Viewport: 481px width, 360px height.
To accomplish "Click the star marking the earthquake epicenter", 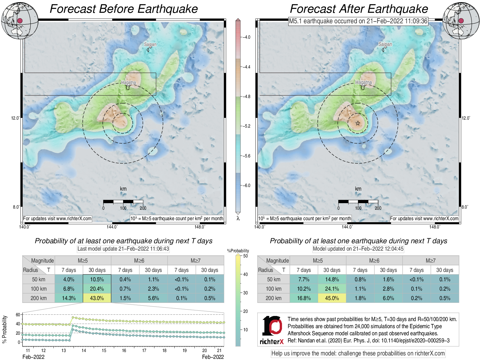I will click(x=358, y=123).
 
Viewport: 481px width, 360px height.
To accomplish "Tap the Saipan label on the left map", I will click(x=150, y=44).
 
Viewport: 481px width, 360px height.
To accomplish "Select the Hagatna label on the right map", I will click(x=363, y=82).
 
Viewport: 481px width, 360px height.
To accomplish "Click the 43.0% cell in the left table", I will click(x=97, y=298).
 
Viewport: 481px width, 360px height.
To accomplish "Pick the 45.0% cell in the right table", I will click(x=332, y=298).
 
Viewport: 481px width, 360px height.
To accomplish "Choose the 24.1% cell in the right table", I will click(x=332, y=289).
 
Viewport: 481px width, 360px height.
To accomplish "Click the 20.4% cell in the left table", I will click(x=97, y=289).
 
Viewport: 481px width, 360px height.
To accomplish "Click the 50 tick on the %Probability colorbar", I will click(x=245, y=256).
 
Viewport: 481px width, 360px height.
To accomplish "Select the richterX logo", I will click(x=272, y=330).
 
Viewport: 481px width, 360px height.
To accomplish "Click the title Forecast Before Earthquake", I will click(x=124, y=9).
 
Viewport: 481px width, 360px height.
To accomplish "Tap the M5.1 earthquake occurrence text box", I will click(x=358, y=21).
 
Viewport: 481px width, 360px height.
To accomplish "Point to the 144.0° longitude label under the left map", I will click(x=112, y=227).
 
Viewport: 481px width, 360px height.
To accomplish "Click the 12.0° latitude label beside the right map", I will click(x=466, y=118).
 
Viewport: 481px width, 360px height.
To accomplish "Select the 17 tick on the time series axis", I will click(x=144, y=350).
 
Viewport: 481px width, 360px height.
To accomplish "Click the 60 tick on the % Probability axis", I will click(x=18, y=315).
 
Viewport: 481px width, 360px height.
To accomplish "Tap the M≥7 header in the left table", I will click(x=196, y=261).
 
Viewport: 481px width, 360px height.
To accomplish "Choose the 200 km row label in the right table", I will click(x=273, y=298).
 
